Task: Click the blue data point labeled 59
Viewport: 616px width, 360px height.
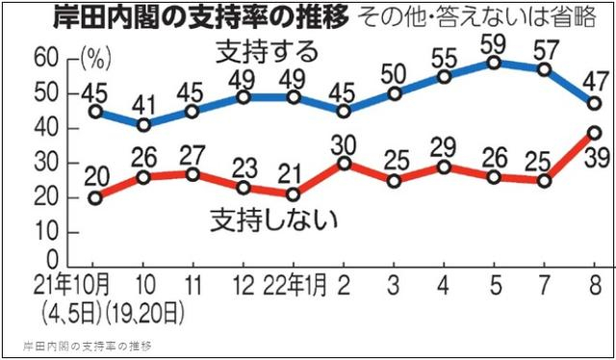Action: tap(493, 64)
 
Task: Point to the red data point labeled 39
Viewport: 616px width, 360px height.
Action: tap(595, 133)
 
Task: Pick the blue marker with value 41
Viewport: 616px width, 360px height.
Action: tap(144, 125)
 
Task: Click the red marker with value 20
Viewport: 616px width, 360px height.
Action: tap(93, 198)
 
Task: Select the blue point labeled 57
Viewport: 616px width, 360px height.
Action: tap(544, 70)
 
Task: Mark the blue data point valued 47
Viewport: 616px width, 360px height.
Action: tap(595, 104)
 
